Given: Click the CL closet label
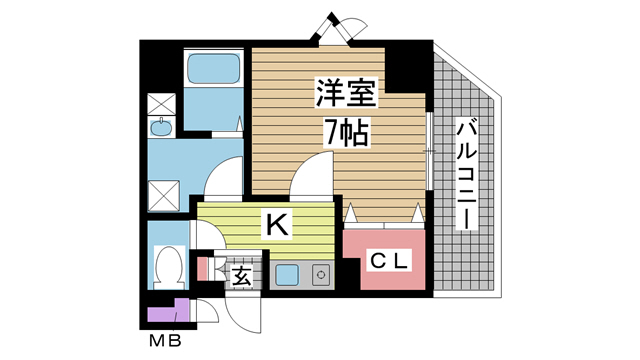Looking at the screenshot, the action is pos(385,262).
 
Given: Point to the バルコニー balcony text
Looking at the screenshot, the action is pos(466,175).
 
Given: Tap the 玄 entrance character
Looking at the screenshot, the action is pos(242,275).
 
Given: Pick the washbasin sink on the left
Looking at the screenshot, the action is pos(161,128).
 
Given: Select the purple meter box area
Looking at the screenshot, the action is pos(164,313).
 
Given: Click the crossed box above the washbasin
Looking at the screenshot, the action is pos(161,103).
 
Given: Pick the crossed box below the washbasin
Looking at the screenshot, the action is pos(161,193).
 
